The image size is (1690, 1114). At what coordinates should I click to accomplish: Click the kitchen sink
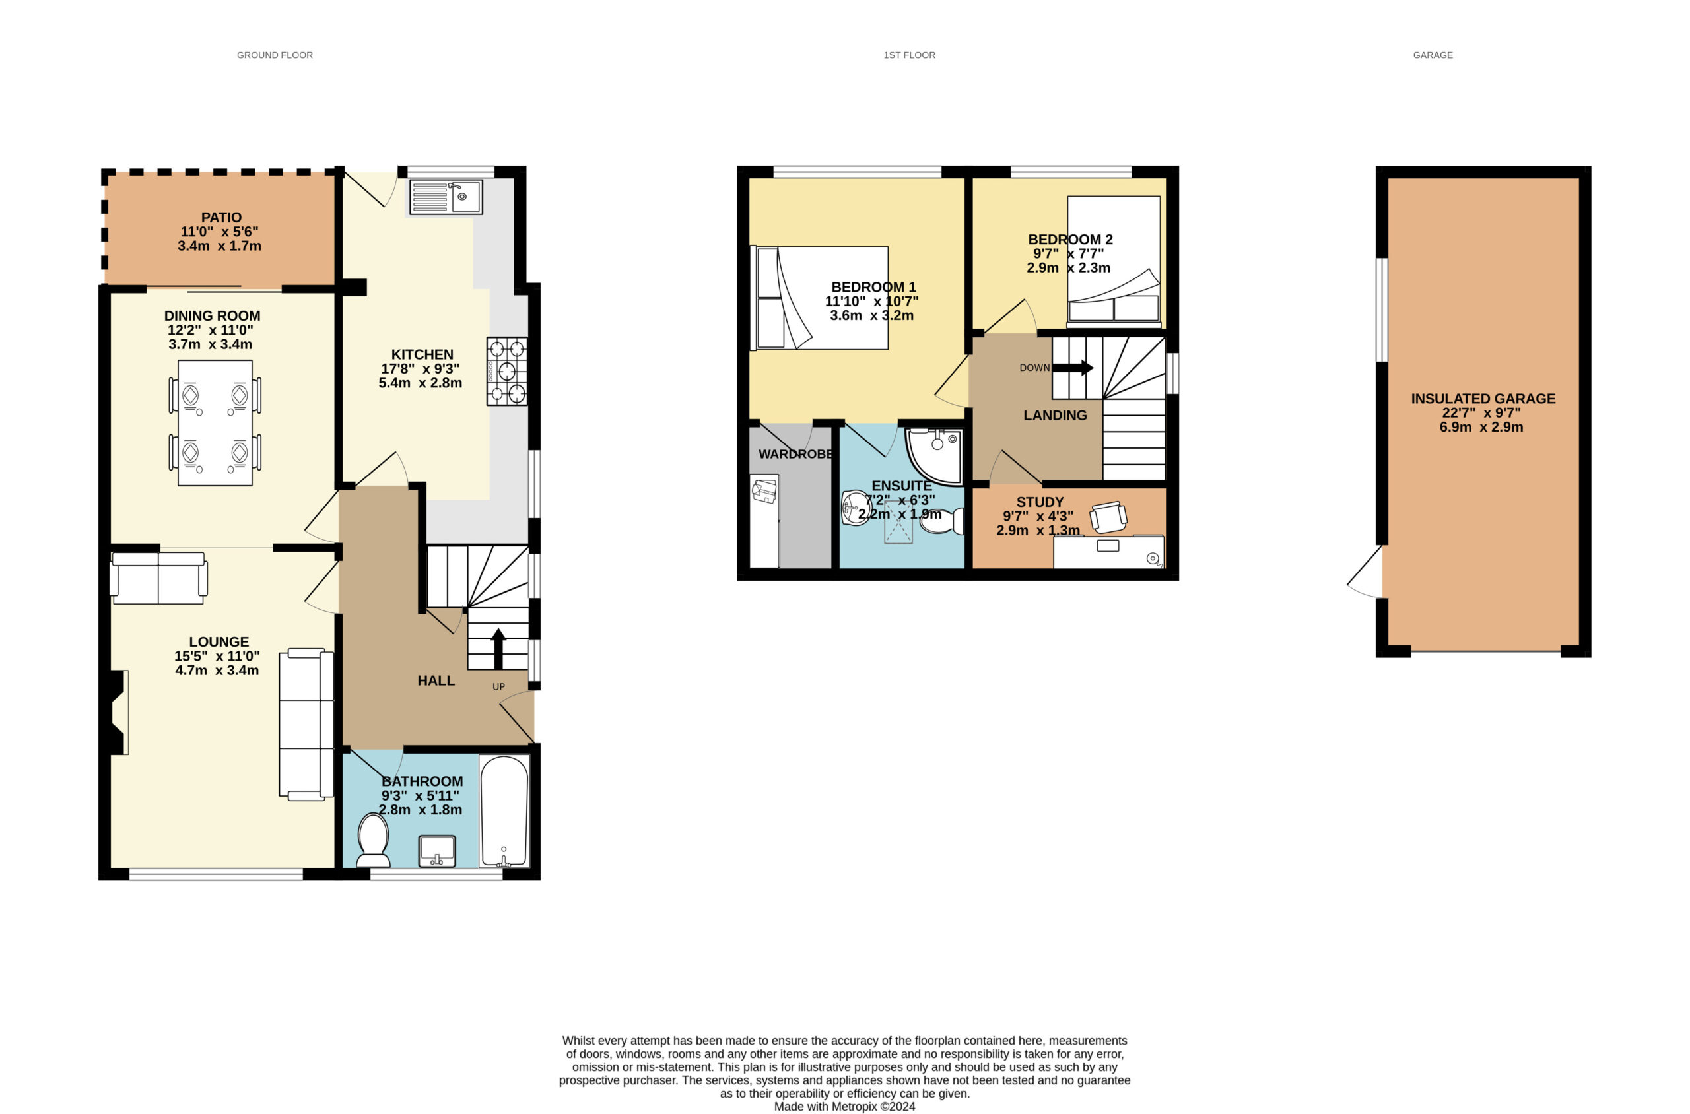[x=446, y=197]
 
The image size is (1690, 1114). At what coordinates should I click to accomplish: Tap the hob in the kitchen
[x=507, y=371]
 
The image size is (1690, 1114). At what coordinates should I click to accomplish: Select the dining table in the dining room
[x=215, y=423]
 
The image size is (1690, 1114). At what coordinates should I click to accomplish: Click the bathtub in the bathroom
[x=504, y=810]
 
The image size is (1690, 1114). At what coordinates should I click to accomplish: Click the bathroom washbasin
[x=437, y=851]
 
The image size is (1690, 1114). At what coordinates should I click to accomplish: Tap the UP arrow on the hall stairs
[x=498, y=648]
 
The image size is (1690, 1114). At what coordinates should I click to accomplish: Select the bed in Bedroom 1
[x=819, y=298]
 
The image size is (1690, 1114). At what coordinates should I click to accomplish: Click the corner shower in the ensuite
[x=935, y=455]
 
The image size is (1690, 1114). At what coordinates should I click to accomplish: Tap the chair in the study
[x=1108, y=517]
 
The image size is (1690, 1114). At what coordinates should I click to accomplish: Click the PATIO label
[x=221, y=217]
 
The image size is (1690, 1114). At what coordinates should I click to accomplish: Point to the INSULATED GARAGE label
[x=1483, y=399]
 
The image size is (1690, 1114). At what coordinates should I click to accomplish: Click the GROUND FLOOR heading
[x=275, y=55]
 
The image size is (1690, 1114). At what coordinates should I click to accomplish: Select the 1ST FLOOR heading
[x=909, y=55]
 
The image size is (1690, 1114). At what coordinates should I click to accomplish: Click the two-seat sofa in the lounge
[x=158, y=577]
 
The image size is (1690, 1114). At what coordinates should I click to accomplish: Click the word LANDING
[x=1055, y=416]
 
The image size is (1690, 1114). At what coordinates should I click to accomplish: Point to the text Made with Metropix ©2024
[x=844, y=1106]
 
